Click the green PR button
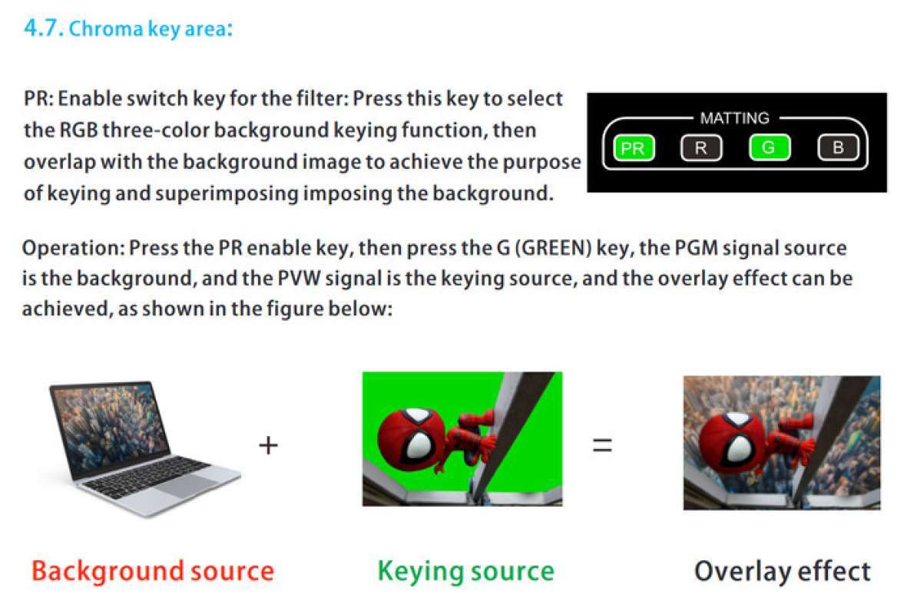634,148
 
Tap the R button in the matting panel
700,148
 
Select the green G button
769,147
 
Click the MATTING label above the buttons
734,118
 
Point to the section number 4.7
43,28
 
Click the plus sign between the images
269,445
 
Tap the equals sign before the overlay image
602,445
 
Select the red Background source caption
153,571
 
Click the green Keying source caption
465,571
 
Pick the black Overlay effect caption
782,571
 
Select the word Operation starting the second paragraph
73,249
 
